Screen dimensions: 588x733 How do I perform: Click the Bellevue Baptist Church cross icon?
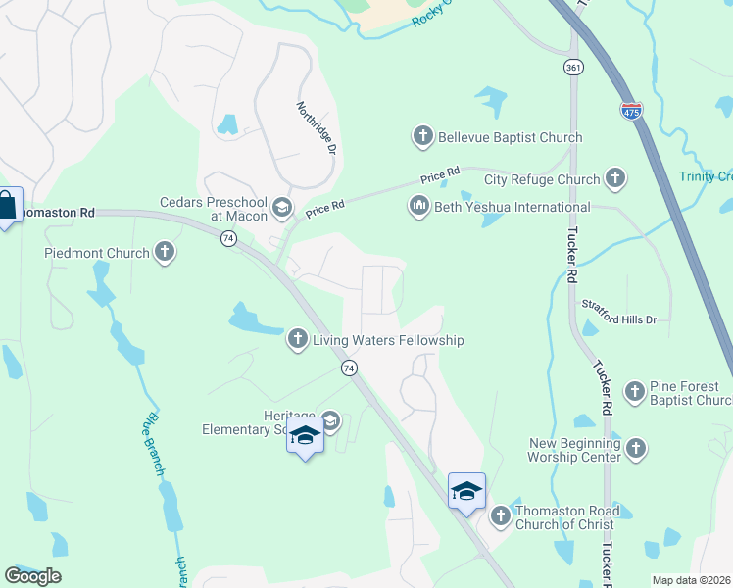pyautogui.click(x=423, y=136)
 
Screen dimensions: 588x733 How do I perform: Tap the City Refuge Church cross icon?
pyautogui.click(x=615, y=178)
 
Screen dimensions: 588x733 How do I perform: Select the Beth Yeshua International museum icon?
pyautogui.click(x=418, y=206)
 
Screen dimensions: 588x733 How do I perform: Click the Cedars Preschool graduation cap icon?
pyautogui.click(x=282, y=206)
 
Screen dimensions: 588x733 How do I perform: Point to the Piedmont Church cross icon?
pyautogui.click(x=165, y=253)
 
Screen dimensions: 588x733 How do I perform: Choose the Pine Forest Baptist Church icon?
pyautogui.click(x=635, y=392)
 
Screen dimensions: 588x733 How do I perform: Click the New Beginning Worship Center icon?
pyautogui.click(x=636, y=449)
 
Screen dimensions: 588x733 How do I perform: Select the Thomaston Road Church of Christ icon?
pyautogui.click(x=500, y=514)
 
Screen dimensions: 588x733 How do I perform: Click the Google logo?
pyautogui.click(x=32, y=575)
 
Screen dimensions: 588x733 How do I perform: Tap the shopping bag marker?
pyautogui.click(x=7, y=206)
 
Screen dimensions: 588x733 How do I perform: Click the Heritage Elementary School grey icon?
pyautogui.click(x=330, y=421)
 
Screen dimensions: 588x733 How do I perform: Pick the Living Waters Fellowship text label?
pyautogui.click(x=387, y=340)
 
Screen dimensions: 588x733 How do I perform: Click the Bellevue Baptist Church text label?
pyautogui.click(x=511, y=137)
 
